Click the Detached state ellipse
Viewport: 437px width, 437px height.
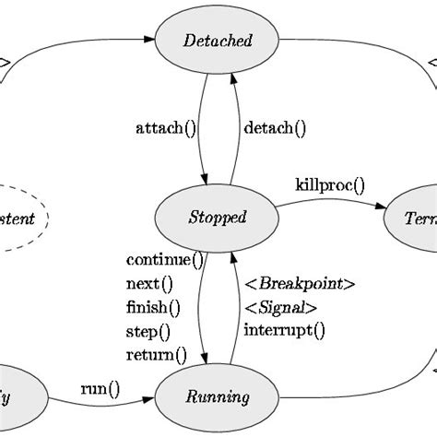218,41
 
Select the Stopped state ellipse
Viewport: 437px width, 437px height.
218,218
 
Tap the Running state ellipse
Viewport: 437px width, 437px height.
218,397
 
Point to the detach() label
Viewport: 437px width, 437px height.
275,128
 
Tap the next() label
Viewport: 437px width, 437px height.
149,283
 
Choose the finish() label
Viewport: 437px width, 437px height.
153,307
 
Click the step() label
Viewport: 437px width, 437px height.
148,331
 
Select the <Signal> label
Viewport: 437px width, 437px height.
281,307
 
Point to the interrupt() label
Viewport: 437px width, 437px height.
284,330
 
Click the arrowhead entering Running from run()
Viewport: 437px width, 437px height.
148,398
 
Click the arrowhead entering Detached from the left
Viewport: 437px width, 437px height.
149,41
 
